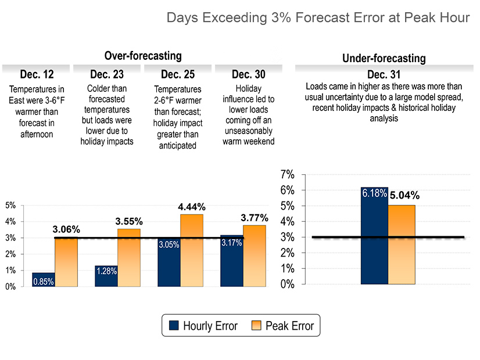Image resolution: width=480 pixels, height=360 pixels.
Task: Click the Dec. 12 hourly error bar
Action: [x=44, y=279]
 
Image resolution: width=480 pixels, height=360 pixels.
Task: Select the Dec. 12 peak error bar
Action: [x=66, y=262]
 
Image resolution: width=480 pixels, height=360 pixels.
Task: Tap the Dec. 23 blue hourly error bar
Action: [x=106, y=276]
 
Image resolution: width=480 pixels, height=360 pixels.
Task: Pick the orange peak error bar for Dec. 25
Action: [x=192, y=250]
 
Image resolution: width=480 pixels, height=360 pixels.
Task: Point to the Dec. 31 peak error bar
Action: [x=402, y=244]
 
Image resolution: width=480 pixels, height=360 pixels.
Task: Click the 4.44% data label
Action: [x=192, y=207]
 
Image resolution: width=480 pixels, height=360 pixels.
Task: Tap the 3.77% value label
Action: [x=255, y=218]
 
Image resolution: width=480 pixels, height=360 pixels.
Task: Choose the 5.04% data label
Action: [x=404, y=196]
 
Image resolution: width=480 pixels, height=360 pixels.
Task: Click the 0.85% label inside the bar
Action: [x=44, y=282]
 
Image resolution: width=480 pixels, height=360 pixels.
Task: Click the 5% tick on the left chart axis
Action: [x=10, y=205]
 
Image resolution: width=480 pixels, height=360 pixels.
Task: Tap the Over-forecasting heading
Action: [x=143, y=56]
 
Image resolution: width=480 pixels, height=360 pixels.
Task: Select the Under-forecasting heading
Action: [x=384, y=58]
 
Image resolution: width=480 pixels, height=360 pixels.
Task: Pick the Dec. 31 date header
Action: [x=384, y=74]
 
